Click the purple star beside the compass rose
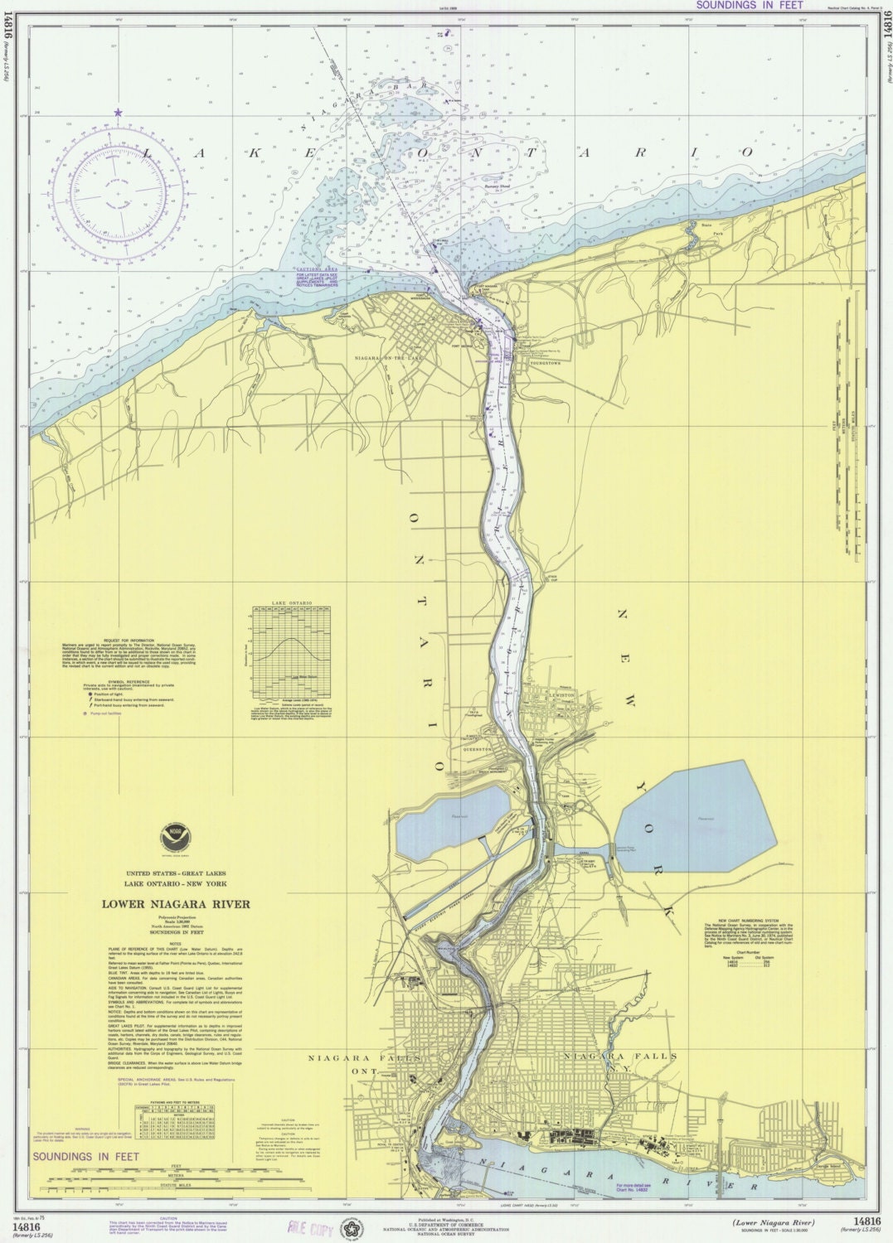(x=119, y=113)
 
